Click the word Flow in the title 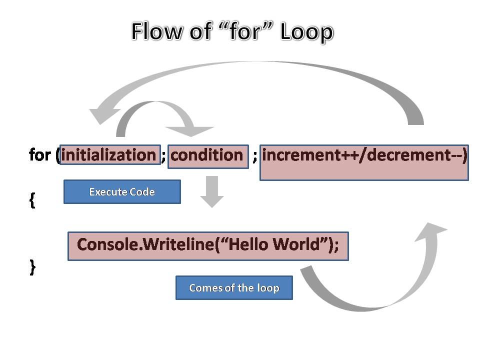click(155, 32)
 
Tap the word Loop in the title click(306, 32)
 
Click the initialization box click(109, 155)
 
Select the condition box click(207, 155)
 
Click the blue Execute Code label click(122, 192)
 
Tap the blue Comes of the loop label click(234, 288)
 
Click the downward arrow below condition click(212, 193)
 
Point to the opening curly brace click(32, 200)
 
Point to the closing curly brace click(32, 267)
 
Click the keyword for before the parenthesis click(40, 155)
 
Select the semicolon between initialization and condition click(163, 155)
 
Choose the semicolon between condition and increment click(255, 155)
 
